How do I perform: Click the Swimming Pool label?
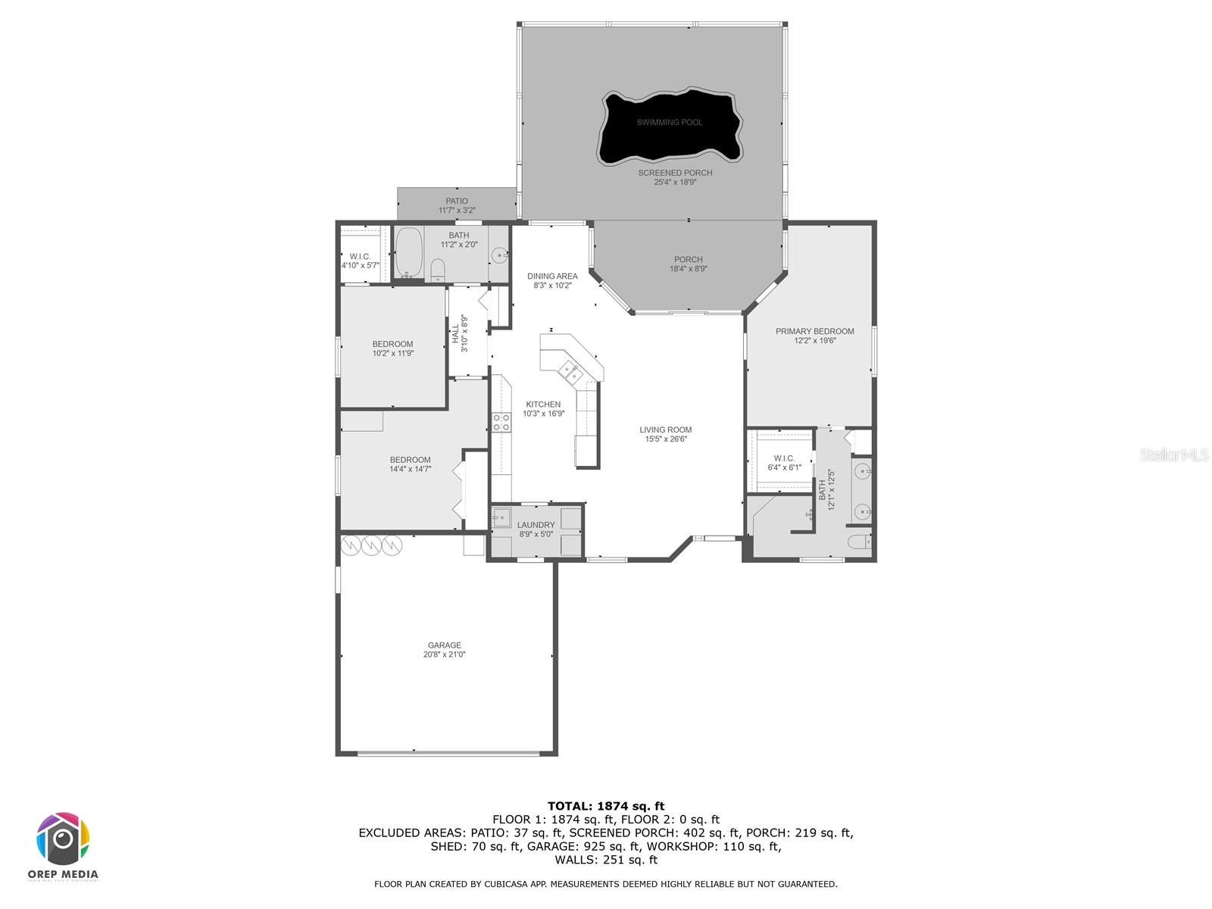[669, 122]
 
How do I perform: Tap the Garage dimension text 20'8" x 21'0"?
[444, 654]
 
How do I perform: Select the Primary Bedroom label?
[814, 331]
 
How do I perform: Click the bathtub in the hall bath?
[408, 252]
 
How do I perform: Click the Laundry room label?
[536, 525]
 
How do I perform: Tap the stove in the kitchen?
[501, 422]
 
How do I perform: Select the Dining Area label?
[552, 276]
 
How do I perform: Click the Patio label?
[457, 201]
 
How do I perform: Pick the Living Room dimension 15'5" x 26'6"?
[665, 439]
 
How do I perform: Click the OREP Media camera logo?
[64, 839]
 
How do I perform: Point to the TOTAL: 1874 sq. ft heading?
[605, 806]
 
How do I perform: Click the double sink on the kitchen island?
[570, 372]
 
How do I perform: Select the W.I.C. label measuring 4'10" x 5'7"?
[360, 257]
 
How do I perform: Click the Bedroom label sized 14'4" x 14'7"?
[410, 460]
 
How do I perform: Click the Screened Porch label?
[674, 173]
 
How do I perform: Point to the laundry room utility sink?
[501, 518]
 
